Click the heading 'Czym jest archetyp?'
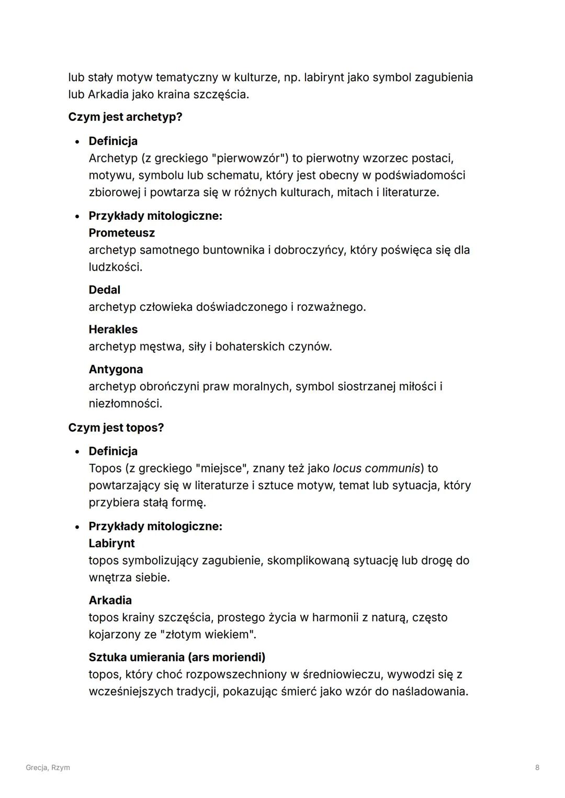(x=125, y=117)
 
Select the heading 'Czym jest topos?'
(x=116, y=428)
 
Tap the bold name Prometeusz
(x=121, y=233)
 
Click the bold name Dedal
(x=104, y=290)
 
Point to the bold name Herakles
(x=113, y=330)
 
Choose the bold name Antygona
(x=116, y=369)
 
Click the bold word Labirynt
(x=111, y=543)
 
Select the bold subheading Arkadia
(x=110, y=600)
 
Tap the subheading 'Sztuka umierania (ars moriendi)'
(x=177, y=657)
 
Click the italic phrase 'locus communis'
(x=376, y=468)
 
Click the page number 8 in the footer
(x=537, y=768)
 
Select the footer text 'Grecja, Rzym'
(x=48, y=768)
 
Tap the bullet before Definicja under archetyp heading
(x=77, y=142)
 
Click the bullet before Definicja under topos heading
(x=77, y=452)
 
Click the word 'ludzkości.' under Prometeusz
(x=115, y=267)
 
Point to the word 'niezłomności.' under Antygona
(x=125, y=404)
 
